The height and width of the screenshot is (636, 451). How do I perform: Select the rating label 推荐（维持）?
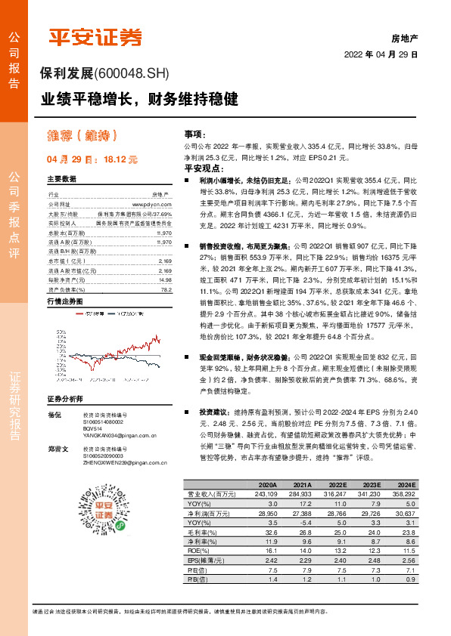point(82,137)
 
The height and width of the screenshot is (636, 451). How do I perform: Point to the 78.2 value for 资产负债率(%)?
point(166,268)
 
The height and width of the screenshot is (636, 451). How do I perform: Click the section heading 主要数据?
point(62,179)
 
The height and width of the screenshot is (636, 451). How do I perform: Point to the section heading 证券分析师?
point(64,399)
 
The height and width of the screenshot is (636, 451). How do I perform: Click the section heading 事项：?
point(195,131)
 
